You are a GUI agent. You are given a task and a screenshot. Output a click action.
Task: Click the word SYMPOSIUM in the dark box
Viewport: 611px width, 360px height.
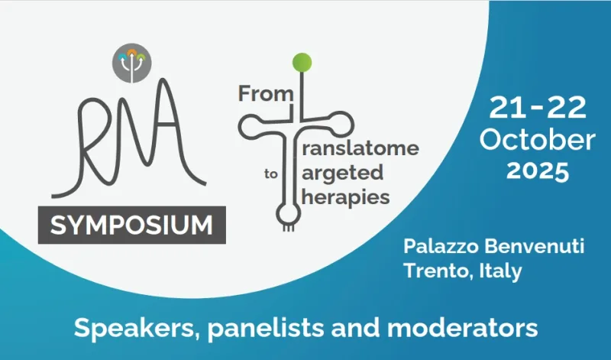[x=131, y=225]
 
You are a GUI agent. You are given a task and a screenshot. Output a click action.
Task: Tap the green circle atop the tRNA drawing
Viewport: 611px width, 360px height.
[x=302, y=63]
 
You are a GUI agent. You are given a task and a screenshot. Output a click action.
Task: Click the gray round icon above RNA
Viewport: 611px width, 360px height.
[x=131, y=63]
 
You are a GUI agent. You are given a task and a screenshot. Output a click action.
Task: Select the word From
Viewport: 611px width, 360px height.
[x=265, y=93]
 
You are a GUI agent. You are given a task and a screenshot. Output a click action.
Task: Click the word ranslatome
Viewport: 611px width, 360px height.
[x=360, y=148]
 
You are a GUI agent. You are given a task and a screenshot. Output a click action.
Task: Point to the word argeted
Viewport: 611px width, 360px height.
[x=342, y=174]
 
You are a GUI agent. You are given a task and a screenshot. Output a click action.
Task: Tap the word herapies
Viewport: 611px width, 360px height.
[x=346, y=197]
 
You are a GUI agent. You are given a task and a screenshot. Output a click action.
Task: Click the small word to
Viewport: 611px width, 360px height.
[x=271, y=174]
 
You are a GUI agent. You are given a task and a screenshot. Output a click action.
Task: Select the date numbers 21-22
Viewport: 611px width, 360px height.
[x=538, y=108]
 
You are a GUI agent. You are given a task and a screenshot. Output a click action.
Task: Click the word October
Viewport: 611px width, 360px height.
[x=538, y=140]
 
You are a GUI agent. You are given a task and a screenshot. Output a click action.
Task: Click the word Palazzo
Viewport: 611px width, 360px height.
[x=440, y=246]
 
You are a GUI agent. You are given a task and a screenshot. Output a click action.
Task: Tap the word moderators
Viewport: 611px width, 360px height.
[x=462, y=328]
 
